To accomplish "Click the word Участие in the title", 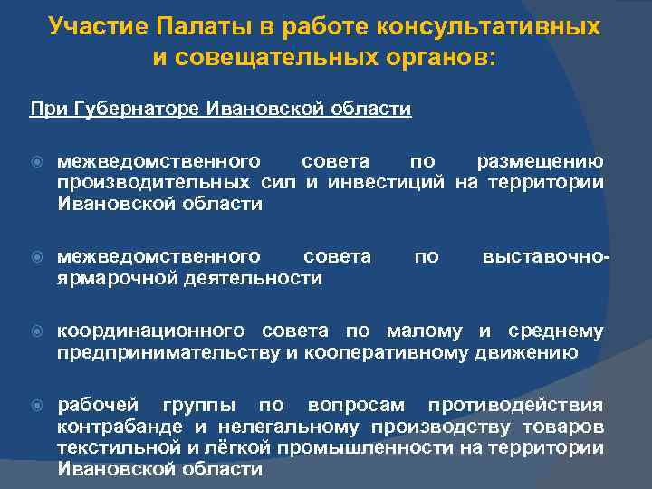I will coord(91,26).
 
